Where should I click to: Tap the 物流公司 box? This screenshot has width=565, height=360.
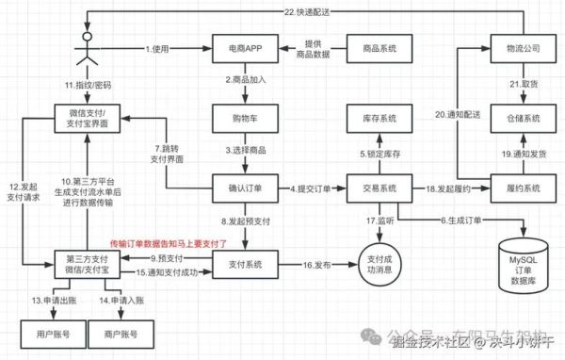(x=520, y=48)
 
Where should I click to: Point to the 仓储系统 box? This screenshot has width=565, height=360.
(x=520, y=121)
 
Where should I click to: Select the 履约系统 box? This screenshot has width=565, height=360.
(x=520, y=189)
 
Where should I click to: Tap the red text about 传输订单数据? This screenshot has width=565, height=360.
(x=169, y=242)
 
